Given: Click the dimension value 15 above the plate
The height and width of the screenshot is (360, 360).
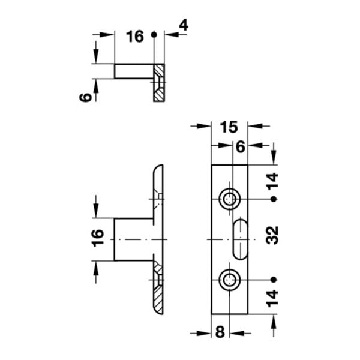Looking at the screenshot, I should point(229,127).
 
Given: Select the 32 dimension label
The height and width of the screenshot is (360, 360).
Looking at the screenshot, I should point(274,239).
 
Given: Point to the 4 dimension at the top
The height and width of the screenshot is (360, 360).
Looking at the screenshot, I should point(183,25).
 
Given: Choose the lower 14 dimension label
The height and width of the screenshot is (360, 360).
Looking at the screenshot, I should point(274,298).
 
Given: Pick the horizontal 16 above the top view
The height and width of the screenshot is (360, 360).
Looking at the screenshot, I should point(135,37).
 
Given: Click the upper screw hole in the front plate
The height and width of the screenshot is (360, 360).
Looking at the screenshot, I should point(229,199).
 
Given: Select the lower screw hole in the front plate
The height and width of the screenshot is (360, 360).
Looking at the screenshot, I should point(229,278).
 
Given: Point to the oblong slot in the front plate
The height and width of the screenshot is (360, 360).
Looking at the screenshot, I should point(239,239).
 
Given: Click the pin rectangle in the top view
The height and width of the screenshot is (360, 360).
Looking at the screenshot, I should point(133,71).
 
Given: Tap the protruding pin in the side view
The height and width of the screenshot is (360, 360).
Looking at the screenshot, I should point(133,239).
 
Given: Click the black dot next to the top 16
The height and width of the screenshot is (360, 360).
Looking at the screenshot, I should point(154,35).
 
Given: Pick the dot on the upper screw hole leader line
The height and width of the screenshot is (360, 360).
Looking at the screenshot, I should point(274,199).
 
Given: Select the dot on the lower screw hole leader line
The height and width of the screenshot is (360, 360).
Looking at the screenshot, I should point(274,278).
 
